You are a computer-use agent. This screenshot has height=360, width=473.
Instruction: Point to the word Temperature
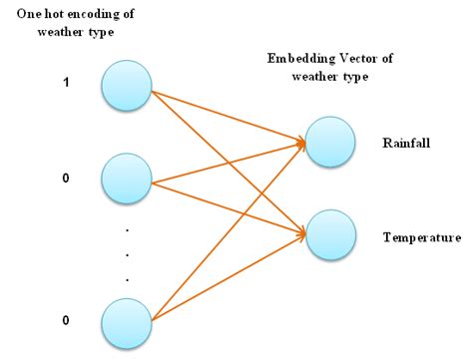[x=422, y=237]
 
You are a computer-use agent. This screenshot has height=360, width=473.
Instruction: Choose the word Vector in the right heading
[x=357, y=59]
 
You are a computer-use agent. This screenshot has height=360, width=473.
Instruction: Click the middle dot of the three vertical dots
[x=127, y=253]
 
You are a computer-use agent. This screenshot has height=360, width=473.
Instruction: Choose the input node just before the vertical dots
[x=126, y=180]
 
